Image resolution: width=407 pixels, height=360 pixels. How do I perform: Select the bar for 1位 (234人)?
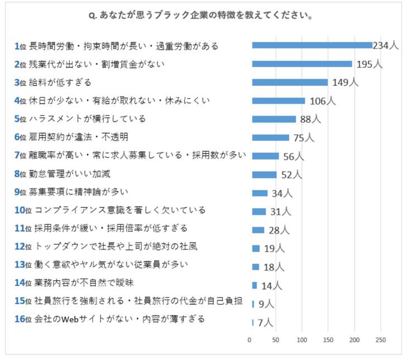[x=312, y=45]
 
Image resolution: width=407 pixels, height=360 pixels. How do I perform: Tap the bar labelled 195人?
[x=302, y=64]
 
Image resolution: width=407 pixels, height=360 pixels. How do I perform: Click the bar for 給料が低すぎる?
[x=290, y=82]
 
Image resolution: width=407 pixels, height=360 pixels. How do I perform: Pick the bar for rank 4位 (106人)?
[x=279, y=100]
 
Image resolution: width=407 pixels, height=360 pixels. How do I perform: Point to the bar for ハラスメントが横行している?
[x=274, y=119]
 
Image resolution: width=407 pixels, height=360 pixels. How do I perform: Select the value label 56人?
[x=293, y=157]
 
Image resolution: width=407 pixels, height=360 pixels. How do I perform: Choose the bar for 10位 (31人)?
[x=259, y=212]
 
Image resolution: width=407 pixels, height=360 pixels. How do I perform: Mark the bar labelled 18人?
[x=256, y=267]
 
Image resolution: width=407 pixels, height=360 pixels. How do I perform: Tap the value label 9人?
[x=266, y=304]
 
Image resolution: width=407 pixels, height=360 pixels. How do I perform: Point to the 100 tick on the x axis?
[x=302, y=340]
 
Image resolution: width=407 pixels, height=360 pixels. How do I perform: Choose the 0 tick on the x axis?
[x=250, y=340]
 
